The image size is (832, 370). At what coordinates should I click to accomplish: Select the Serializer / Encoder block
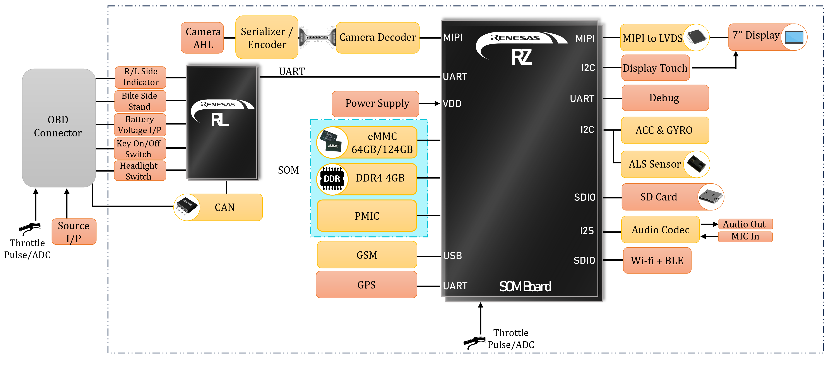267,38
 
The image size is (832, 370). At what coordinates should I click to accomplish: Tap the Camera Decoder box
378,37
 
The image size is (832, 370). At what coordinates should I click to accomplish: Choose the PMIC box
367,216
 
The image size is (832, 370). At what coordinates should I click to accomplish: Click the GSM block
367,255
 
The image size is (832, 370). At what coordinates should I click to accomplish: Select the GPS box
366,285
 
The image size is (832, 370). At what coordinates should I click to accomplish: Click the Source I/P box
74,232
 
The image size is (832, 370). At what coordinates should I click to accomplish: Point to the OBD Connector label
58,126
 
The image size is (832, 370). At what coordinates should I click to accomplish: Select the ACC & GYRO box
665,130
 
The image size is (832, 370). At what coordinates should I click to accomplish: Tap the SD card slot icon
710,197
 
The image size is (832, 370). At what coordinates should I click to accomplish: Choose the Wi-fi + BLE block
657,260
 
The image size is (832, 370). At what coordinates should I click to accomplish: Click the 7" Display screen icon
794,37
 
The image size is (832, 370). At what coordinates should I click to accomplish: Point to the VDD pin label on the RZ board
452,104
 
